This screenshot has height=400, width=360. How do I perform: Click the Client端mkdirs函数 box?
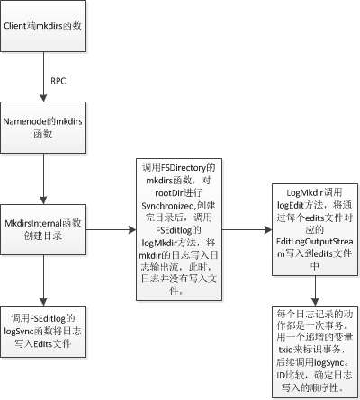(x=43, y=26)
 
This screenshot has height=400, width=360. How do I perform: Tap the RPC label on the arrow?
(x=58, y=81)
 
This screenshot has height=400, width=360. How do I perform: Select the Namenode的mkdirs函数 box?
(x=43, y=128)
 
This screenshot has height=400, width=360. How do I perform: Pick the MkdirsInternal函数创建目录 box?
(x=43, y=230)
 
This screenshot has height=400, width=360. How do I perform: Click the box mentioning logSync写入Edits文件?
(x=43, y=332)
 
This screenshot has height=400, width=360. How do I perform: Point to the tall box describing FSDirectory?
(x=179, y=229)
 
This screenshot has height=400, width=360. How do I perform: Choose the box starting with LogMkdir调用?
(x=315, y=230)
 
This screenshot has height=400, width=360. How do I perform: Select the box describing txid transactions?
(x=315, y=352)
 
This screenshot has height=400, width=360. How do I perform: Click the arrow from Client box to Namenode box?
(x=43, y=77)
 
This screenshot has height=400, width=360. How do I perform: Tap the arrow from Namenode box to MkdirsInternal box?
(x=43, y=179)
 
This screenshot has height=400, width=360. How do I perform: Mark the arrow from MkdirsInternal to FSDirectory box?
(x=112, y=230)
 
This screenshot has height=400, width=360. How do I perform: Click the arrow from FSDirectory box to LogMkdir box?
(x=247, y=230)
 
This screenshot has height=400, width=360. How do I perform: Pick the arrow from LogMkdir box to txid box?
(x=315, y=290)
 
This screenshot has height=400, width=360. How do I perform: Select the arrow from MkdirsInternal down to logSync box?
(x=43, y=280)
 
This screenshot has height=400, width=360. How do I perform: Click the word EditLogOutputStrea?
(x=315, y=242)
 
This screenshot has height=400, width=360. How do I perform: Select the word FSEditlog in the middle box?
(x=175, y=230)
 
